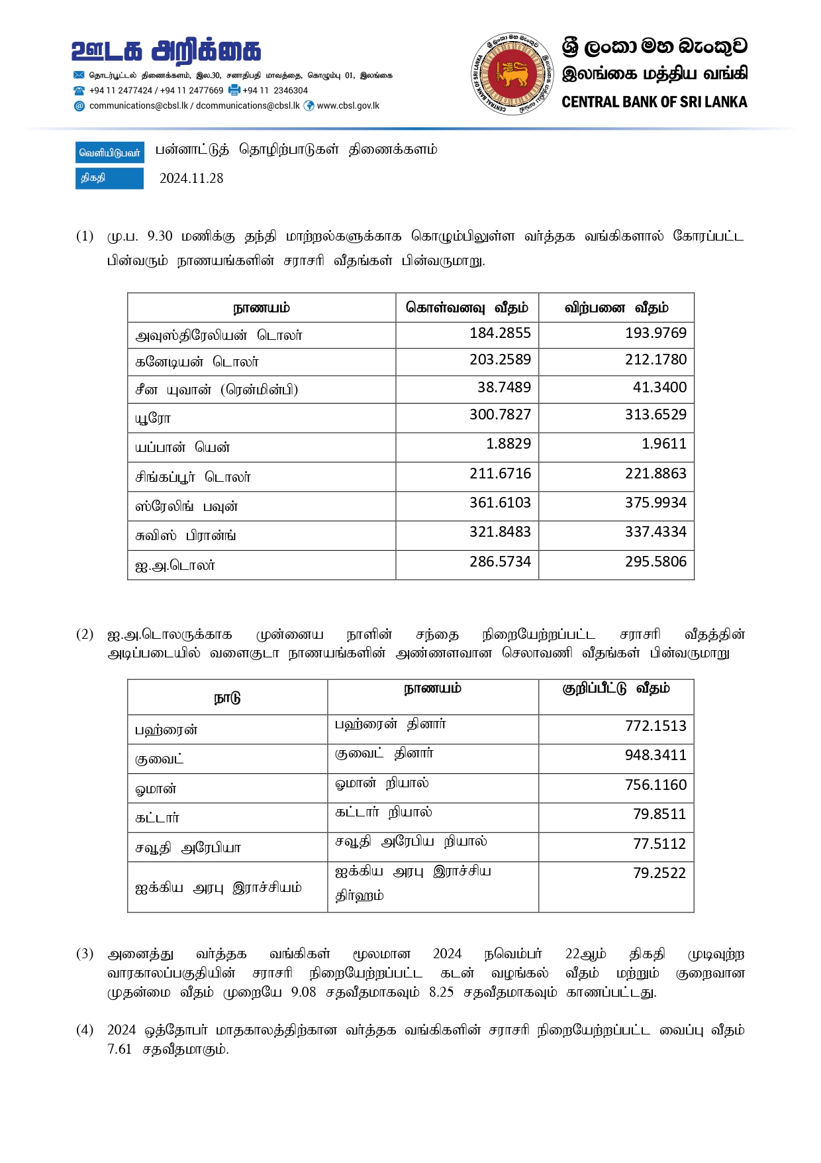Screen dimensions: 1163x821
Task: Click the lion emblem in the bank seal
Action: [x=512, y=74]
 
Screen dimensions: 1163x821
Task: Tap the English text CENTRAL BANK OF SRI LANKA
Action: [x=654, y=102]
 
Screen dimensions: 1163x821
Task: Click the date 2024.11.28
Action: [x=191, y=178]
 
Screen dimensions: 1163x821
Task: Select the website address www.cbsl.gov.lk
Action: [x=348, y=106]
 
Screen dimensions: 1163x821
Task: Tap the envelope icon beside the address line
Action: [x=79, y=76]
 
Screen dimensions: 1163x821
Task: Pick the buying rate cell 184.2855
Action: [x=500, y=333]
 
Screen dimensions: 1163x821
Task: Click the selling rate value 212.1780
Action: [x=655, y=360]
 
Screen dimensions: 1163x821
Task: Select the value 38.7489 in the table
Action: [x=504, y=388]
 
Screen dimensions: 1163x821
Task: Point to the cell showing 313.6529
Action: [x=655, y=415]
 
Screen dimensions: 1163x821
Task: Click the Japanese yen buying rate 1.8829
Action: [x=508, y=444]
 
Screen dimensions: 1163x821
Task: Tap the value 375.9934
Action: [x=655, y=503]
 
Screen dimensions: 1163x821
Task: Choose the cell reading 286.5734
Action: [x=500, y=562]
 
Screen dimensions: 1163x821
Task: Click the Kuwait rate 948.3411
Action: [x=655, y=755]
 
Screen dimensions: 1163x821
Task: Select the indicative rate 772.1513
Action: [x=655, y=726]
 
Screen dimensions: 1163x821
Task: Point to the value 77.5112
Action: [x=659, y=844]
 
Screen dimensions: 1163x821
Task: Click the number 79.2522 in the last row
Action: [x=659, y=873]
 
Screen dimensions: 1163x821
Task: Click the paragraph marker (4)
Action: [x=85, y=1030]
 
